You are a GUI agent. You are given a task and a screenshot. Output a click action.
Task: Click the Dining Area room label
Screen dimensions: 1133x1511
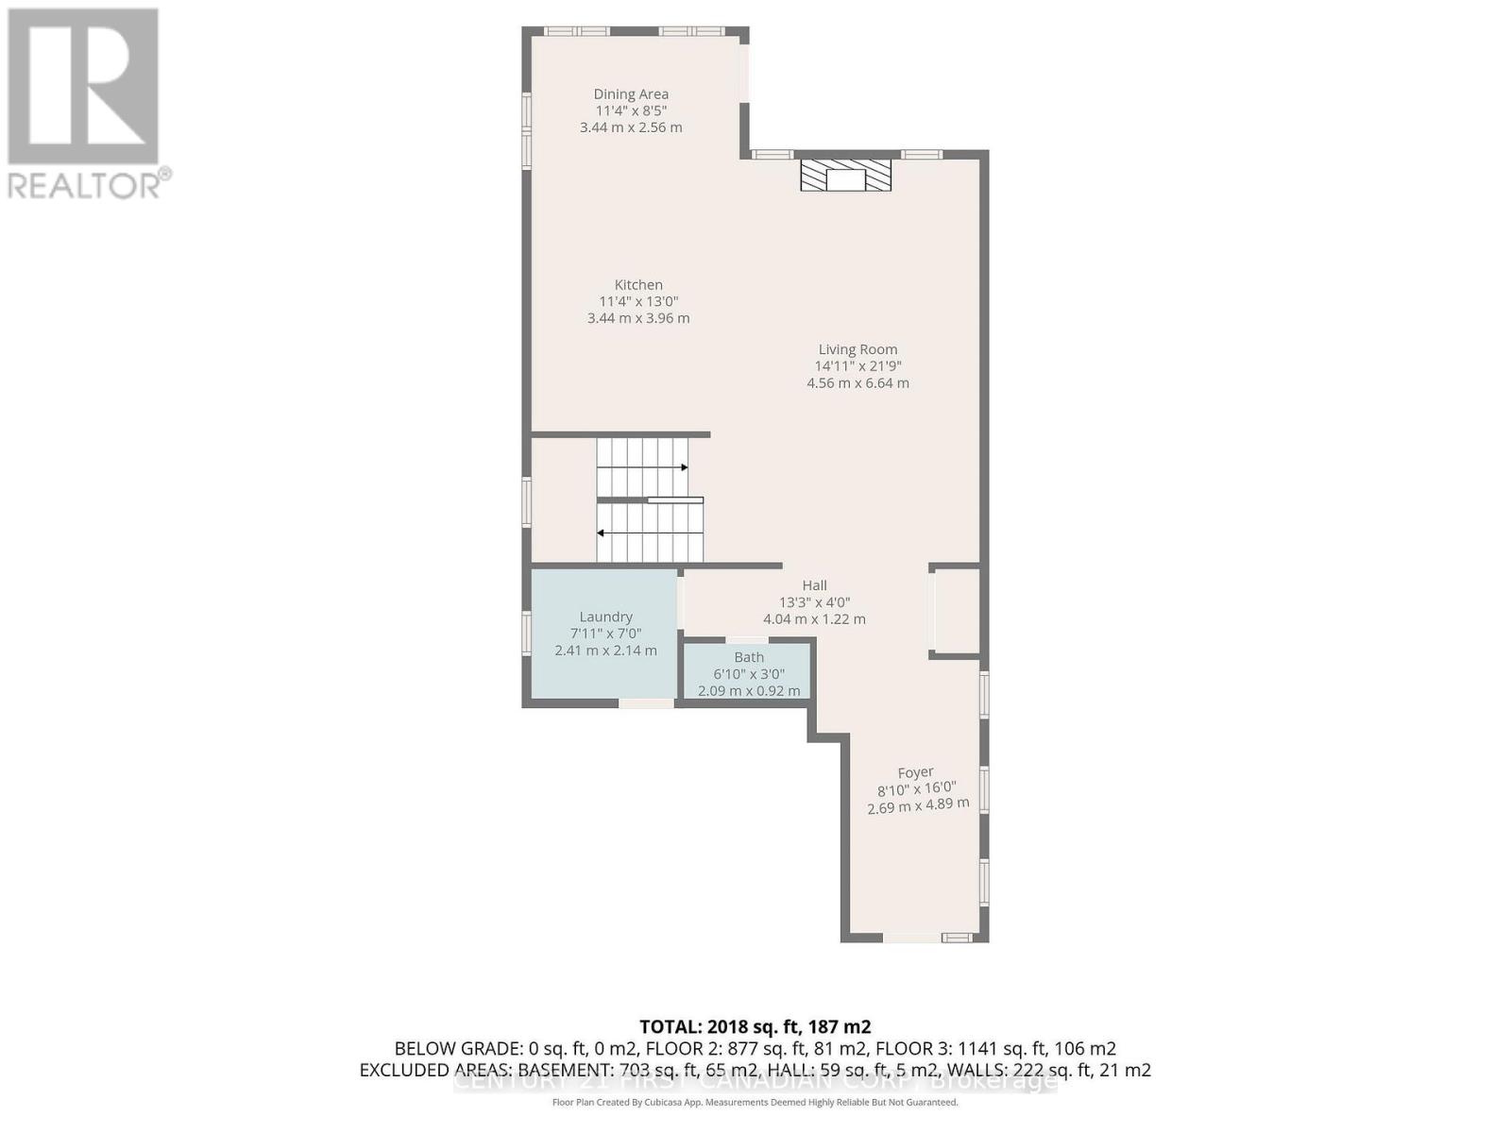630,93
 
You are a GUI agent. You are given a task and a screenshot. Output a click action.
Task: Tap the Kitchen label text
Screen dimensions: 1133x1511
638,284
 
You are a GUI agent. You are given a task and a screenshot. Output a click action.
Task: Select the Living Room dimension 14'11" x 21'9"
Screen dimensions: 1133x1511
857,366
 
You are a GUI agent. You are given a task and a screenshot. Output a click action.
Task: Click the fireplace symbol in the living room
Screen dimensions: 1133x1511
845,176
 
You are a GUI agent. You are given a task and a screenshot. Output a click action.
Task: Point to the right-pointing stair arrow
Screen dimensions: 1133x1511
682,467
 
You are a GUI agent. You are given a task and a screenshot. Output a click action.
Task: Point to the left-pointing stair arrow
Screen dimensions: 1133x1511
602,533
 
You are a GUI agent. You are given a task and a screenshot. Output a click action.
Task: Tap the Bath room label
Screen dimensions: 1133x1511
749,657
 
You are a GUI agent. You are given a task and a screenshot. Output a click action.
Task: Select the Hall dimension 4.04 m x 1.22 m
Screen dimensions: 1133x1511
814,619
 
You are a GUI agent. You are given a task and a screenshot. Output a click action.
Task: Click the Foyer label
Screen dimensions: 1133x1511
915,772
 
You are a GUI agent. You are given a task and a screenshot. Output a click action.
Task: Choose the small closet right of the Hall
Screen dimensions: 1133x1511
956,611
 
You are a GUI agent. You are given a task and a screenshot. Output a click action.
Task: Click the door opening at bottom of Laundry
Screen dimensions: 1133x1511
647,703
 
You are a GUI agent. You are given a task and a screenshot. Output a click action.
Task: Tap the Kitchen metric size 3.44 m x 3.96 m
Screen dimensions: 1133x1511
638,318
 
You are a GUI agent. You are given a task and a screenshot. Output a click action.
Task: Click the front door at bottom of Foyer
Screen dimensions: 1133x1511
911,938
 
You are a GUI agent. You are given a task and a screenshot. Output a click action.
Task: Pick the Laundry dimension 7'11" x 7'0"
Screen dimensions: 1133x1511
605,634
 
